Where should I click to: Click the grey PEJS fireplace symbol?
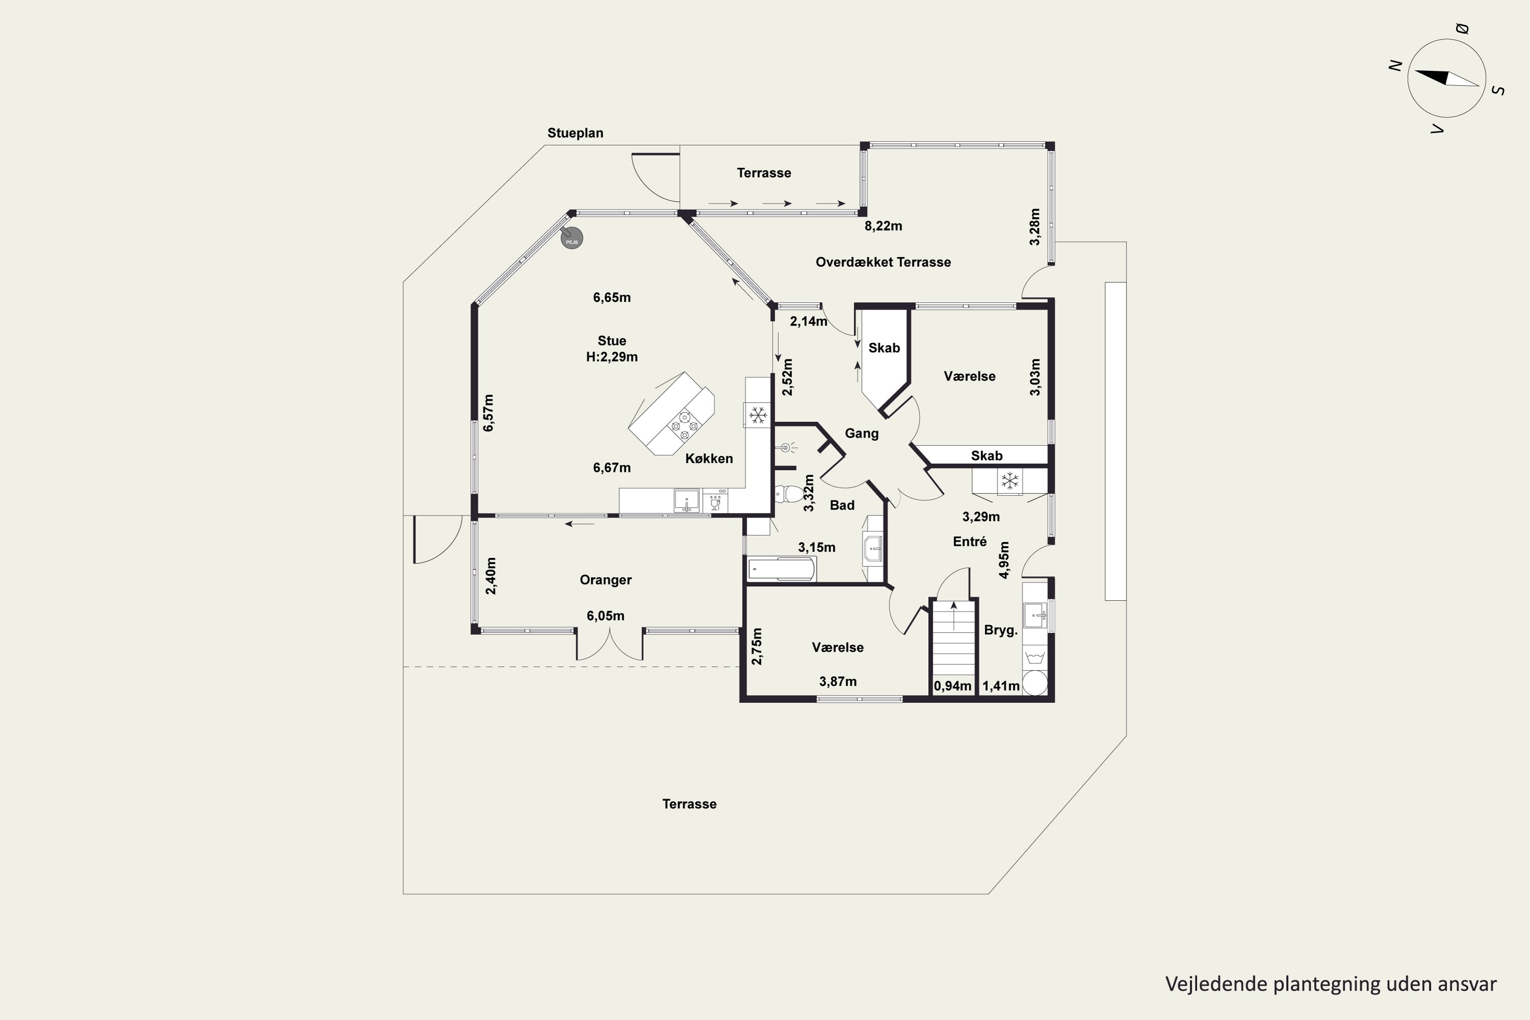[x=571, y=238]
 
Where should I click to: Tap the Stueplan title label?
[x=575, y=133]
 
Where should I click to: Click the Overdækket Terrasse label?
[x=883, y=262]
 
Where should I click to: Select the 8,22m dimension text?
[x=883, y=226]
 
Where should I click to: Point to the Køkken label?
[x=709, y=458]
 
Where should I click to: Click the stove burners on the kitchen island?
[x=684, y=425]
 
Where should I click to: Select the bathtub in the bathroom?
[x=781, y=569]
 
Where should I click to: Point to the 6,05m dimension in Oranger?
[x=606, y=616]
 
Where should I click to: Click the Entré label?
[x=970, y=542]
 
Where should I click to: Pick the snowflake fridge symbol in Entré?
[x=1010, y=481]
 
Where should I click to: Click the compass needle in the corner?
[x=1447, y=78]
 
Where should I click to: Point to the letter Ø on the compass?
[x=1462, y=29]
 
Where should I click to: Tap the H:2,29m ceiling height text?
[x=611, y=357]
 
